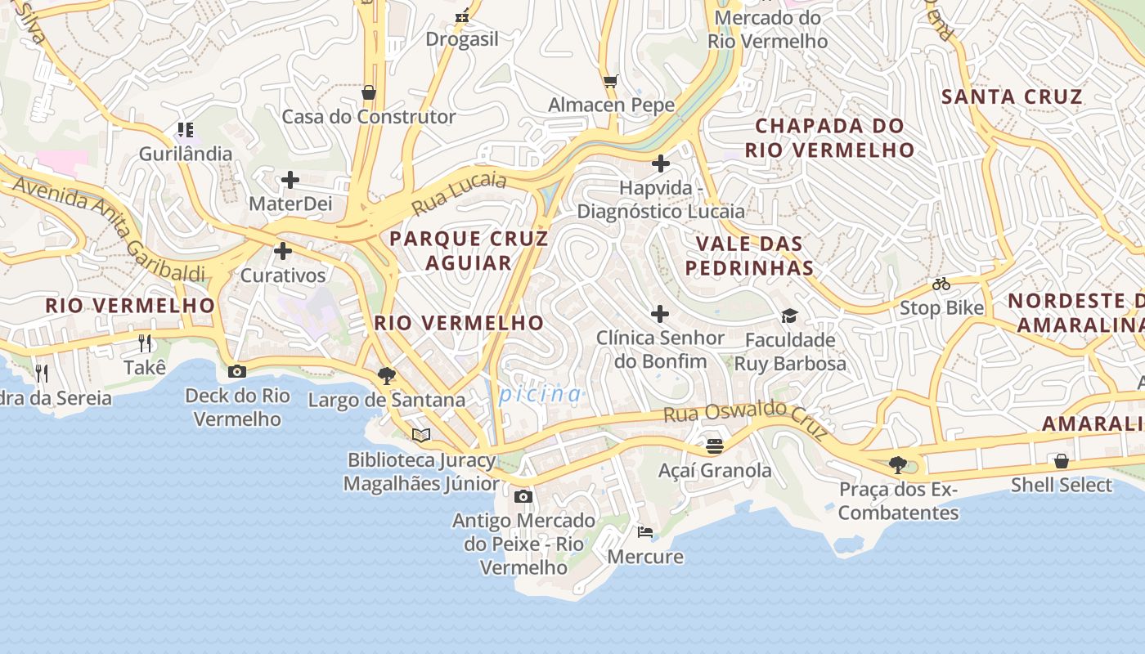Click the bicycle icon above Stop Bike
tap(941, 284)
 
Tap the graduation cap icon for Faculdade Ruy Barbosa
tap(789, 316)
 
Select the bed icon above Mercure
tap(645, 532)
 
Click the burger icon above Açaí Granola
tap(715, 446)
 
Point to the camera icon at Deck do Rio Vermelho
tap(237, 371)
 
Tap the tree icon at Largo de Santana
tap(387, 376)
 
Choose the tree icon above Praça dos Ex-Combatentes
tap(898, 465)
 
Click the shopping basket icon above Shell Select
tap(1061, 461)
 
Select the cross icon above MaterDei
tap(290, 180)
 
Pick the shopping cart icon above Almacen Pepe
tap(610, 81)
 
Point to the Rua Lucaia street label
tap(459, 193)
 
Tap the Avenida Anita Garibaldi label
tap(108, 228)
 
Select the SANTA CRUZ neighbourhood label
tap(1012, 96)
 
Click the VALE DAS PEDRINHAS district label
tap(749, 255)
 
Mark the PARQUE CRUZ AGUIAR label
tap(469, 250)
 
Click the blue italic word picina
tap(540, 394)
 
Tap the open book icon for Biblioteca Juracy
tap(421, 436)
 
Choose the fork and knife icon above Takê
tap(146, 343)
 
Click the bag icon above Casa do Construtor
tap(369, 92)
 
